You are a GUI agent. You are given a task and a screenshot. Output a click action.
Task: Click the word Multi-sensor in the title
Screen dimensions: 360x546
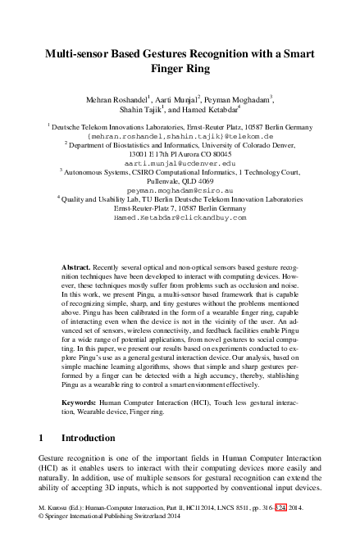[x=88, y=53]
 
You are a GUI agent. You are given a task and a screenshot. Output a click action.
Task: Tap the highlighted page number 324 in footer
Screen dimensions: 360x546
[x=281, y=530]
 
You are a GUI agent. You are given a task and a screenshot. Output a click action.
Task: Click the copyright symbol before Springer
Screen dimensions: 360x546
[x=42, y=539]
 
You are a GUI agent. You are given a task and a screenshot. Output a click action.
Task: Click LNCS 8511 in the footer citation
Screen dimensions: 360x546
[x=217, y=530]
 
